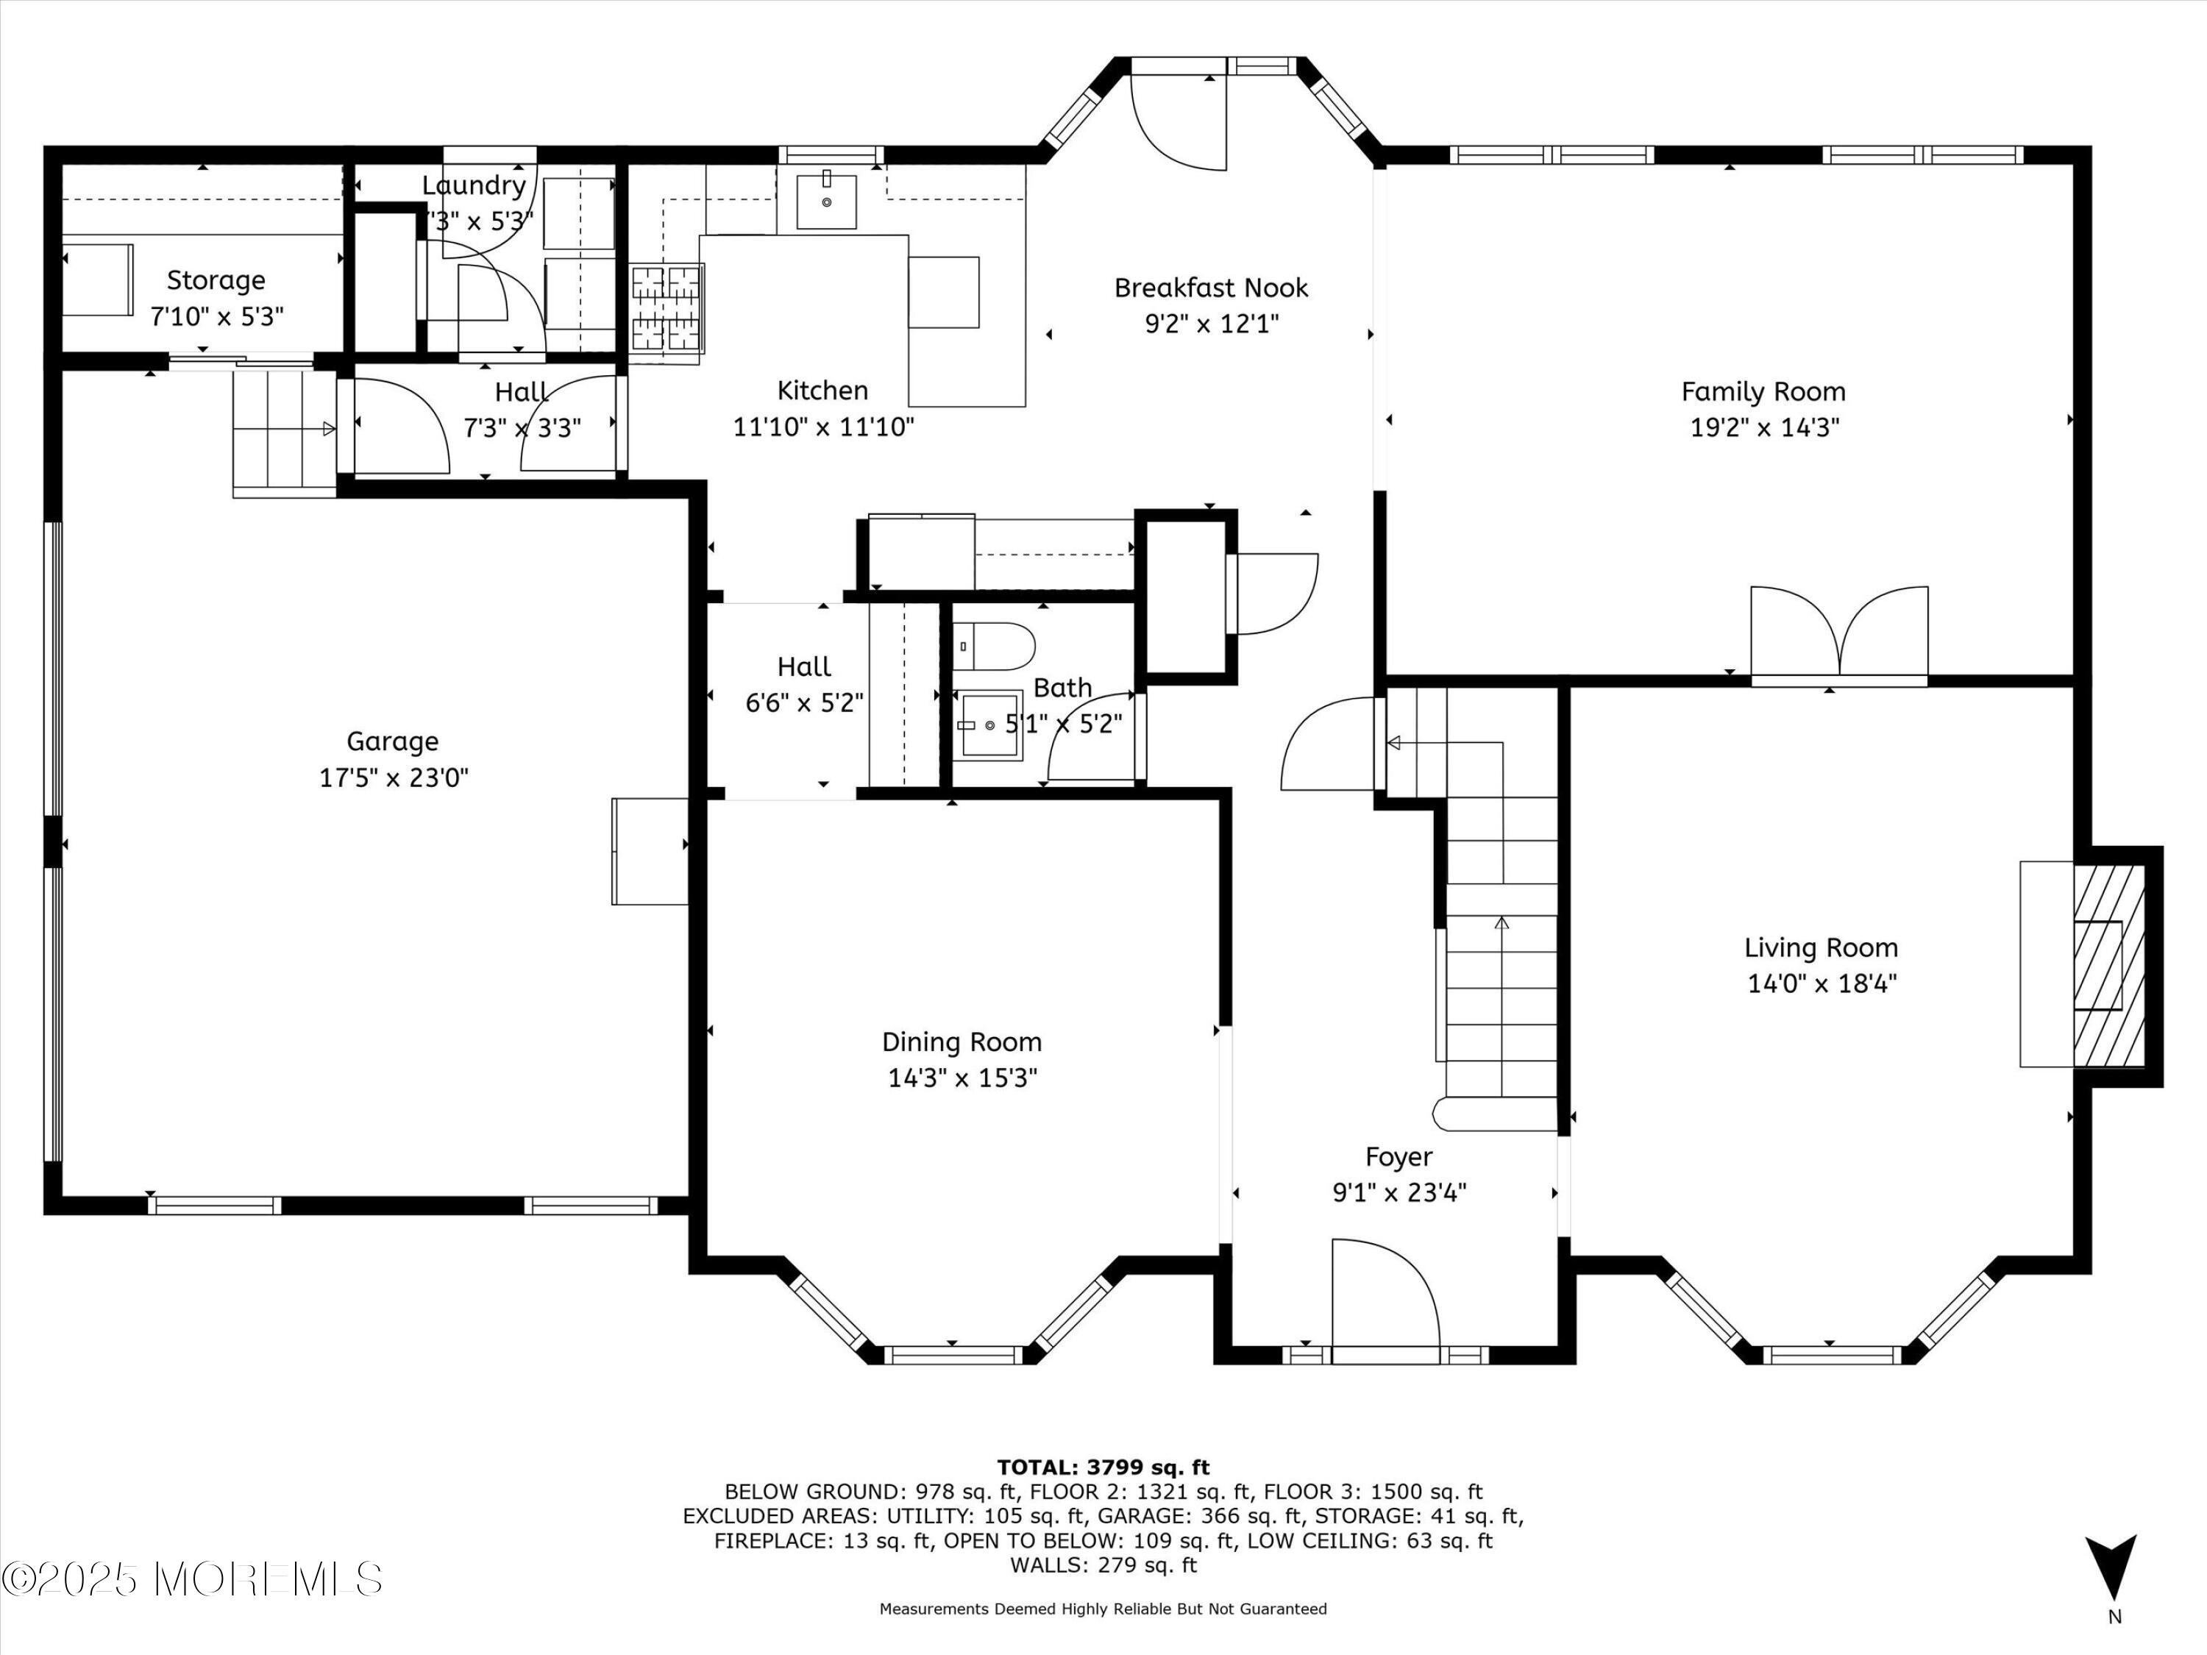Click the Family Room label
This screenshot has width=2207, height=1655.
(x=1763, y=391)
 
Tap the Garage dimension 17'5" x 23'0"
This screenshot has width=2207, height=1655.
(x=393, y=777)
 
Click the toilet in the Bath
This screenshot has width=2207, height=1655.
(x=992, y=647)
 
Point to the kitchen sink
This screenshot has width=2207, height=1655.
(x=826, y=202)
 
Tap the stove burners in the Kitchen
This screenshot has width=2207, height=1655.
(x=667, y=307)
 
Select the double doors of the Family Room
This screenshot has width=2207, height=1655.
(x=1839, y=633)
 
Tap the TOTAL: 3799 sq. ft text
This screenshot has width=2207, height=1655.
(x=1103, y=1467)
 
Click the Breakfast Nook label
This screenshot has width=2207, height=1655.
(x=1210, y=288)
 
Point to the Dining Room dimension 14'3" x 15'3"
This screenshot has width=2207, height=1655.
(x=962, y=1078)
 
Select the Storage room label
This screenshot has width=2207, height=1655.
(x=216, y=280)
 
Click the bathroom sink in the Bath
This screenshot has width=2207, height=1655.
(x=989, y=725)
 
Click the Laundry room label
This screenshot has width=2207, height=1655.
(x=473, y=185)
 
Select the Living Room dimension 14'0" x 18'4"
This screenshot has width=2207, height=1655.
(x=1821, y=983)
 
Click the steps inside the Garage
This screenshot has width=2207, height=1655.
(x=283, y=431)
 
